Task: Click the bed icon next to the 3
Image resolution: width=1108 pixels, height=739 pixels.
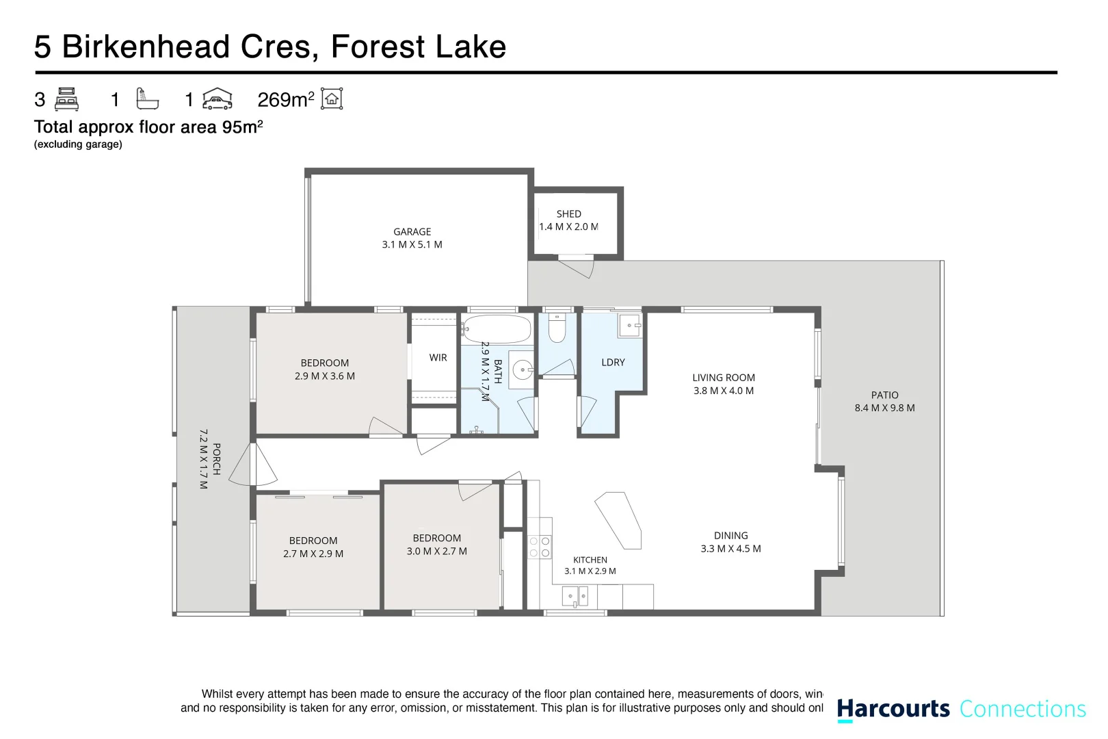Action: (x=67, y=99)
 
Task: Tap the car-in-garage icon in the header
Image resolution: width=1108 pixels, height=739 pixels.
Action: (x=217, y=99)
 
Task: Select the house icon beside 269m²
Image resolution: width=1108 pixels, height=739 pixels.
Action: (x=332, y=99)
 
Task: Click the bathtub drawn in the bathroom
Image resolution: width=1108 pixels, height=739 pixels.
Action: (x=497, y=328)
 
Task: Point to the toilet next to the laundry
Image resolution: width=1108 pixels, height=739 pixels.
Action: (x=557, y=328)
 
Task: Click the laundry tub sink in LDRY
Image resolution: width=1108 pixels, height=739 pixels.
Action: (x=630, y=326)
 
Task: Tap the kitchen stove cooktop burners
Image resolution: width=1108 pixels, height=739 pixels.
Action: (x=540, y=547)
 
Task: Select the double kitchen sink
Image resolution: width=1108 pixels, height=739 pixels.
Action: (x=575, y=596)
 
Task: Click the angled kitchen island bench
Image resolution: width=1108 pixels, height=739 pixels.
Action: (x=618, y=520)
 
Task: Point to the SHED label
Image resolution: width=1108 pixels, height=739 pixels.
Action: (x=569, y=213)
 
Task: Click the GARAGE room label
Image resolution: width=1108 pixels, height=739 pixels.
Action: (x=412, y=232)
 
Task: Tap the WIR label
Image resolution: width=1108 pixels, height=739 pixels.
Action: (x=438, y=357)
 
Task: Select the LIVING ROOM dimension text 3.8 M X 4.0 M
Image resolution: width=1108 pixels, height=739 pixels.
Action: (x=724, y=391)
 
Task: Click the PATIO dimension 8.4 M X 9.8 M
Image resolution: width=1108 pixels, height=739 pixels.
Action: (x=885, y=408)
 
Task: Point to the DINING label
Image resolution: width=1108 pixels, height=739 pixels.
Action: (x=731, y=536)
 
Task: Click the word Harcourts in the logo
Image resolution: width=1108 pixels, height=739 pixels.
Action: (x=893, y=709)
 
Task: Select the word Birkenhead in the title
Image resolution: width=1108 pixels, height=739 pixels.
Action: (x=146, y=47)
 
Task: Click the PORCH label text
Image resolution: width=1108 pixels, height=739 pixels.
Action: (x=217, y=459)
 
